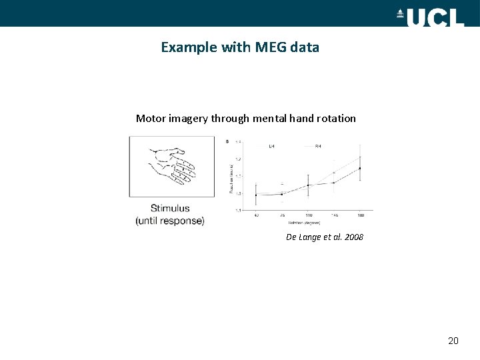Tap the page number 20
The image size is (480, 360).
[453, 341]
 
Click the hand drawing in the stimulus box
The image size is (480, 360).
[171, 167]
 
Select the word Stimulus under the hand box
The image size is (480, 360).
[169, 208]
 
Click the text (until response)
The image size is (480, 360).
[169, 221]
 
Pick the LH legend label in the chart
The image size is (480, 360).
[272, 145]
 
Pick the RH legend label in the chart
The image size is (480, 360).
[318, 145]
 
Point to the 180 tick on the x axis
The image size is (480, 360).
[360, 215]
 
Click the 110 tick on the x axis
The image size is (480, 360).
[308, 215]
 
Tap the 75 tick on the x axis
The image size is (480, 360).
[282, 215]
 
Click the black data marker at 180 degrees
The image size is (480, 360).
[360, 168]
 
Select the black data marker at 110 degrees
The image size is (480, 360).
[308, 185]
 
